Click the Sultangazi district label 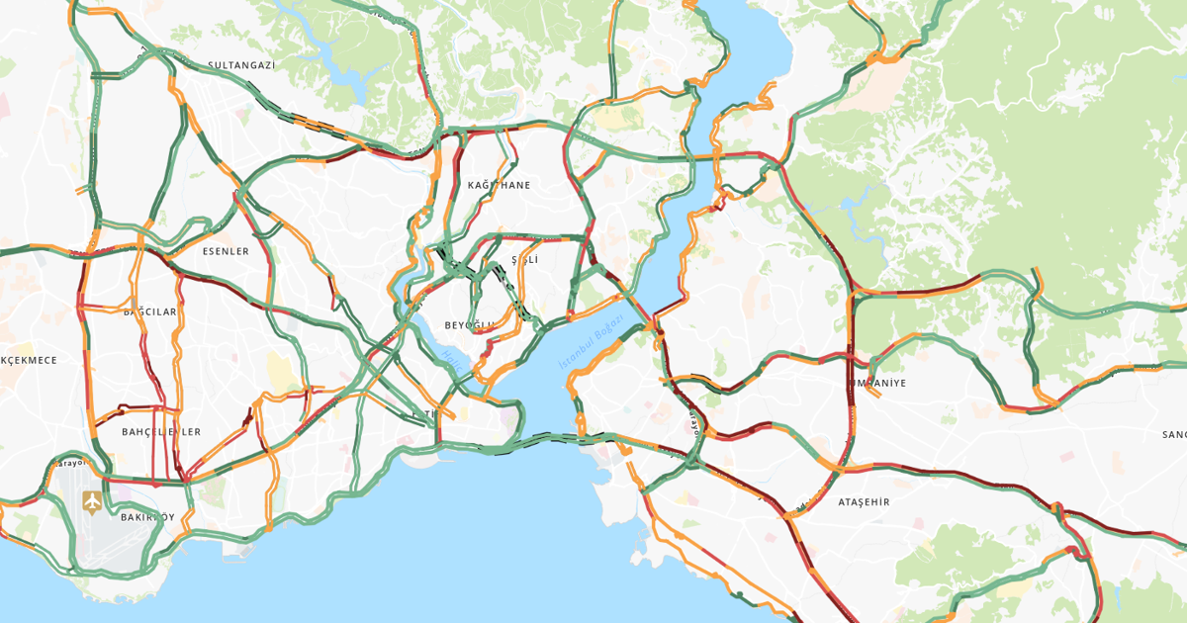coord(240,65)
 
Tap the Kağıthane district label coord(499,185)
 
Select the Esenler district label coord(226,251)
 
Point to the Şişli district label coord(524,259)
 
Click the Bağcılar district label coord(149,311)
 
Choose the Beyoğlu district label coord(469,325)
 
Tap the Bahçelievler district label coord(161,432)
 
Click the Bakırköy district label coord(146,517)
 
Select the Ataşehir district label coord(864,502)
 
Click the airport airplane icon coord(92,501)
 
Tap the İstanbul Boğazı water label coord(592,344)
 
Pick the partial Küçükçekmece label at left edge coord(29,360)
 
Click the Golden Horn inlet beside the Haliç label coord(435,346)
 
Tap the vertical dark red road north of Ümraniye coord(850,326)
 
